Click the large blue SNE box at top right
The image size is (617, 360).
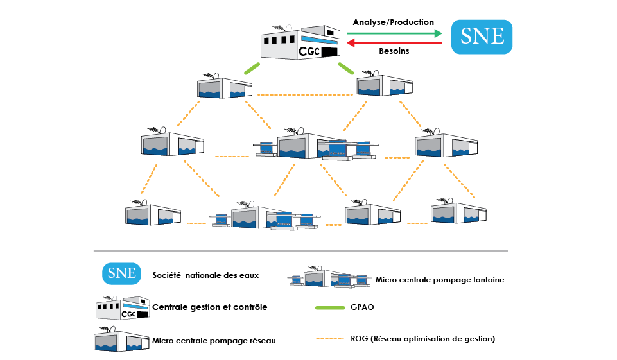pyautogui.click(x=482, y=36)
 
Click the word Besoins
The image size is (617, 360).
pyautogui.click(x=394, y=51)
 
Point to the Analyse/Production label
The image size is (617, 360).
pyautogui.click(x=394, y=22)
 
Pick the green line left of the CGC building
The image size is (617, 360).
pyautogui.click(x=251, y=69)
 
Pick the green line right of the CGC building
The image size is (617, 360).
pyautogui.click(x=347, y=67)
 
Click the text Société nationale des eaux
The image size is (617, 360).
pyautogui.click(x=205, y=275)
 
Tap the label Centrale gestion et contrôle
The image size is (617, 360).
pyautogui.click(x=209, y=307)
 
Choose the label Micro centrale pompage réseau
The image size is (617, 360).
pyautogui.click(x=214, y=340)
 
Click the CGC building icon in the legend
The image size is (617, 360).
pyautogui.click(x=122, y=307)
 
